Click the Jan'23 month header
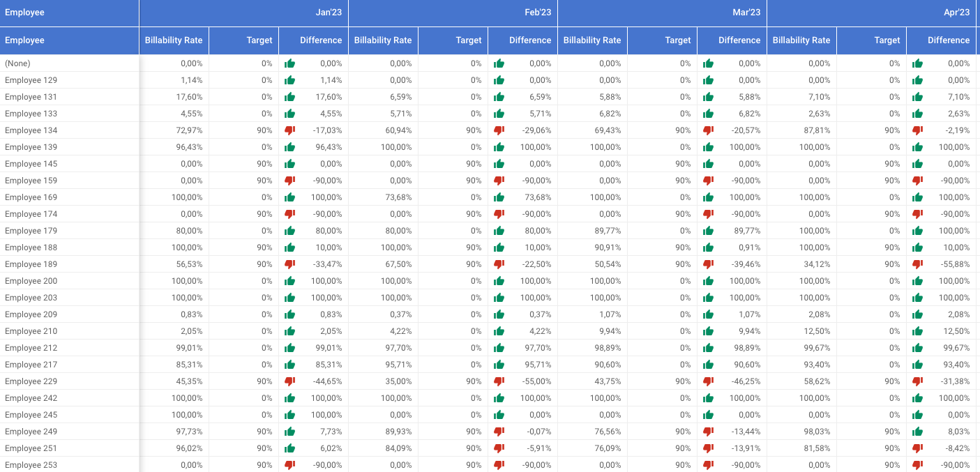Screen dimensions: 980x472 (x=329, y=13)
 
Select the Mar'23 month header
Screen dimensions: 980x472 (x=746, y=13)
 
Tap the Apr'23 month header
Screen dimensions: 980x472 (x=956, y=13)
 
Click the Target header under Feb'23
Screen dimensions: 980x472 (x=469, y=40)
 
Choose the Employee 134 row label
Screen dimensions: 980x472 (x=31, y=130)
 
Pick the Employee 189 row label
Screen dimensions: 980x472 (x=31, y=264)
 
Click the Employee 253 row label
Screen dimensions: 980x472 (x=31, y=465)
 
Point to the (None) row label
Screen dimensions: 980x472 (x=17, y=63)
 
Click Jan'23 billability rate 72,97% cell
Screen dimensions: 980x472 (x=190, y=130)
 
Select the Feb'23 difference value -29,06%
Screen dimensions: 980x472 (x=536, y=130)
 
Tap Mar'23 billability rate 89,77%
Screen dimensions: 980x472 (x=608, y=231)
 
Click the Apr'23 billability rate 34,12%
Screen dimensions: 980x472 (x=817, y=264)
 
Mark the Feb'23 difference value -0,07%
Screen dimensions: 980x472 (x=538, y=432)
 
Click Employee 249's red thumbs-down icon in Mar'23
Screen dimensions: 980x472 (x=708, y=432)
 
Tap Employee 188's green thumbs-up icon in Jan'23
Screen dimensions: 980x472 (x=289, y=248)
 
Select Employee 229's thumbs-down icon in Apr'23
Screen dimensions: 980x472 (x=917, y=381)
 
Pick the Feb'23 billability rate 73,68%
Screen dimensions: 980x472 (x=398, y=197)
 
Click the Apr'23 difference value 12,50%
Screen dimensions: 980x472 (x=956, y=331)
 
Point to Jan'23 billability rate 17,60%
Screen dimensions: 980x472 (x=190, y=97)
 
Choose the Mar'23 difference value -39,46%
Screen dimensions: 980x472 (x=746, y=264)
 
